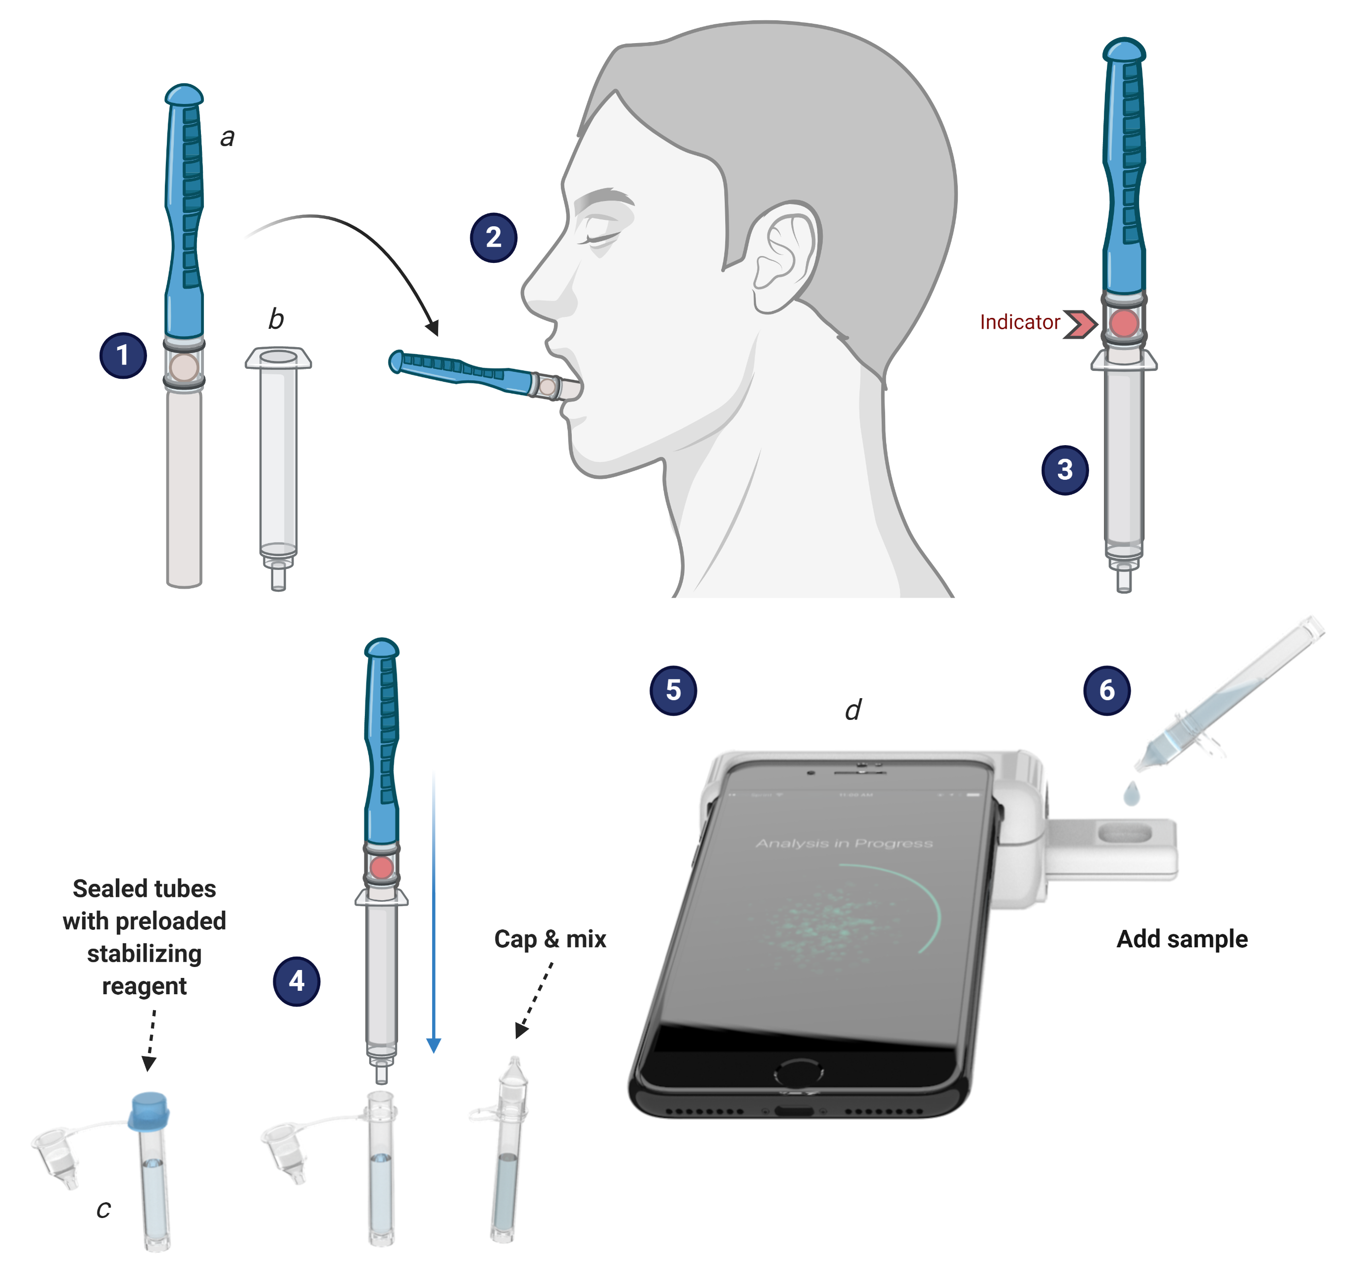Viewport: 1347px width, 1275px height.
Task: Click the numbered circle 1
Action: coord(123,355)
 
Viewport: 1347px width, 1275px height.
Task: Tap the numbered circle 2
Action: coord(494,237)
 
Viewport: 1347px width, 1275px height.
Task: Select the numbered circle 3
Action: coord(1064,469)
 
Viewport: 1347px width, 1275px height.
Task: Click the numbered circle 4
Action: coord(297,981)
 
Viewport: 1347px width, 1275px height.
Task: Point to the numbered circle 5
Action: coord(673,690)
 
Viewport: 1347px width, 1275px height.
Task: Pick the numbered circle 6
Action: coord(1106,690)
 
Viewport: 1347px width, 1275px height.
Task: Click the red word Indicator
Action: coord(1019,322)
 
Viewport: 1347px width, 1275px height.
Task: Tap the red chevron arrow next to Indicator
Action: coord(1081,323)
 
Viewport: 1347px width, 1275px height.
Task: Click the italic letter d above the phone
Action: coord(853,710)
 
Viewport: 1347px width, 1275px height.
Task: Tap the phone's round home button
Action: coord(798,1074)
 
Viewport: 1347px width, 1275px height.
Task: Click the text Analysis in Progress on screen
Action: coord(844,843)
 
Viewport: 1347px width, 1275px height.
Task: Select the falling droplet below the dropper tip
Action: coord(1131,794)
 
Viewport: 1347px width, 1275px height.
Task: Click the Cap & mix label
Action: coord(550,939)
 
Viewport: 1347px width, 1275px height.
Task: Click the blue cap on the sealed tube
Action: coord(149,1111)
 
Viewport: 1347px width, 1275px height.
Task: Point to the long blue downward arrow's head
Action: coord(434,1045)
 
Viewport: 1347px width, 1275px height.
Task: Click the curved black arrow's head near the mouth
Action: coord(432,328)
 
